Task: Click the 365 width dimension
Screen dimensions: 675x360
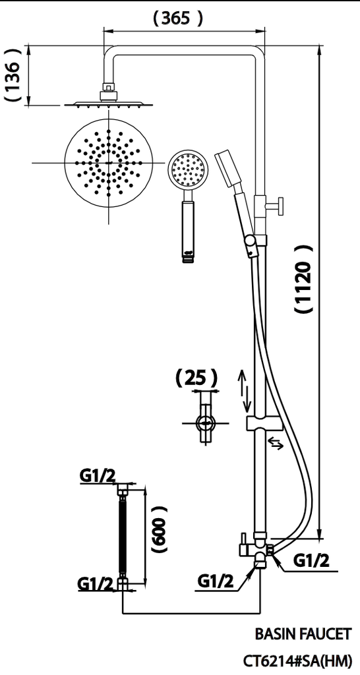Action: coord(177,19)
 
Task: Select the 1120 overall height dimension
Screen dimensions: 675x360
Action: coord(303,281)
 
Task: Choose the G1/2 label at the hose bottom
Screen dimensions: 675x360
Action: coord(94,583)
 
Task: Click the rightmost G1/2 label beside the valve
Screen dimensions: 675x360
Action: coord(311,560)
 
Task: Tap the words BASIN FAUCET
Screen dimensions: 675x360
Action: coord(303,634)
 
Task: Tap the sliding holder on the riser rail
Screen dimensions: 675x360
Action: coord(263,423)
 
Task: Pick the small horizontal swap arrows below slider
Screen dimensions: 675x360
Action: coord(276,444)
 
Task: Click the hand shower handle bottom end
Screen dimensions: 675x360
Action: coord(189,255)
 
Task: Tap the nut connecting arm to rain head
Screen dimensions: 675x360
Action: coord(107,89)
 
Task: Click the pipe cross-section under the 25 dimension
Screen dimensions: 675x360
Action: coord(206,423)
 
